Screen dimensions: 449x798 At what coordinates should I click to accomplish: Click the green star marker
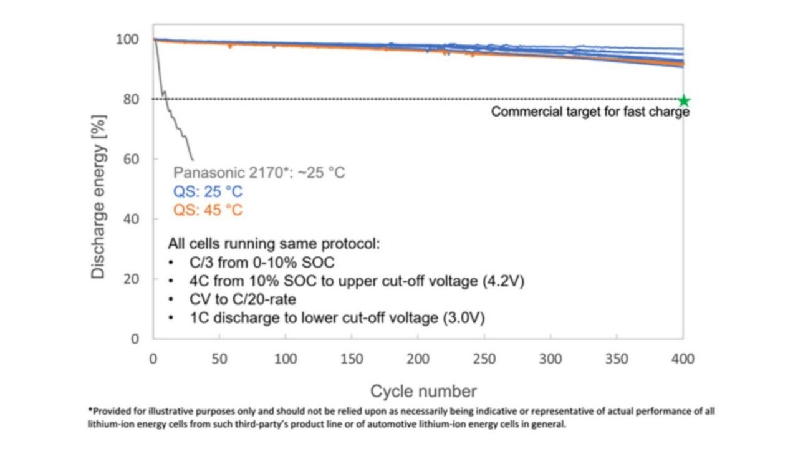[x=684, y=100]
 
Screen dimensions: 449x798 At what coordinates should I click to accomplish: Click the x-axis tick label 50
[x=219, y=359]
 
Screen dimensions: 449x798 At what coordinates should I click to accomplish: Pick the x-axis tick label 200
[x=418, y=359]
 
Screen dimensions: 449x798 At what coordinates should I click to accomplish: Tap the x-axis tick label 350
[x=617, y=359]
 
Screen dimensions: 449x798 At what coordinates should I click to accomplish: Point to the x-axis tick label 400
[x=683, y=359]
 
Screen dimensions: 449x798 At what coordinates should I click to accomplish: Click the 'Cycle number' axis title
[x=423, y=391]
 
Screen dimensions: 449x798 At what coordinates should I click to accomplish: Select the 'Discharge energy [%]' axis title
[x=99, y=196]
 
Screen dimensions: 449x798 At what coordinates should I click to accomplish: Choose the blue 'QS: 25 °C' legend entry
[x=208, y=191]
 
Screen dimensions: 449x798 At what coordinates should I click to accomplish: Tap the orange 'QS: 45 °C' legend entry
[x=208, y=210]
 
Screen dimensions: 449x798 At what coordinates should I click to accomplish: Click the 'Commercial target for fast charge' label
[x=590, y=112]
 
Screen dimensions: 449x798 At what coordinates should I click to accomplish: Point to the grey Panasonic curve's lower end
[x=192, y=160]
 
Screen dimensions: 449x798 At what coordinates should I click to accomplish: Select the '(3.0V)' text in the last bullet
[x=463, y=318]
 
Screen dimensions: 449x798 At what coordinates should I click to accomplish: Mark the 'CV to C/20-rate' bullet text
[x=243, y=300]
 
